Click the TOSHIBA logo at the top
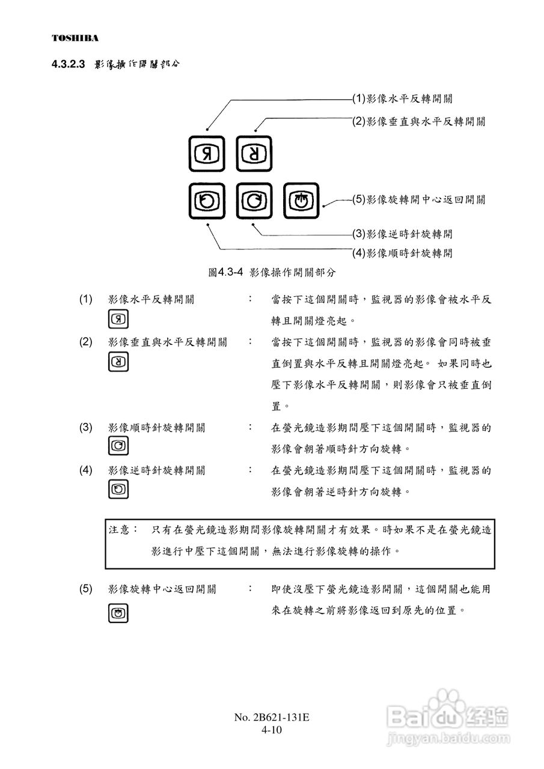75,38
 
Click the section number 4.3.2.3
70,64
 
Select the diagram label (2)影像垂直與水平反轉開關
419,121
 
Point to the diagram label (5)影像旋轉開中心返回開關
419,200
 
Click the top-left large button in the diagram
206,154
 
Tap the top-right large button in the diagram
254,154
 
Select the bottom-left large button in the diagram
206,201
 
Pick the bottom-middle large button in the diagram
254,201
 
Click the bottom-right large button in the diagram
301,201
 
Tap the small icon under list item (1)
118,319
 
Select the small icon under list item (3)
118,446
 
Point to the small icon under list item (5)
118,613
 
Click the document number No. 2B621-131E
272,718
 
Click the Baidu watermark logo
448,714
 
